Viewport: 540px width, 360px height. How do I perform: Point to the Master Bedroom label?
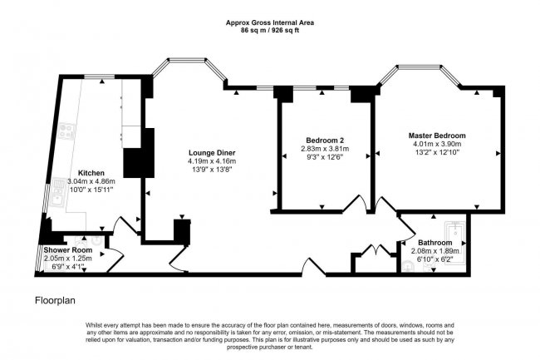pyautogui.click(x=436, y=135)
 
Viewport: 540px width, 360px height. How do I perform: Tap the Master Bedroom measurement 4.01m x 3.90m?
pyautogui.click(x=436, y=144)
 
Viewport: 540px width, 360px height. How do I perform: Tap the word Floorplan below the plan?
pyautogui.click(x=56, y=298)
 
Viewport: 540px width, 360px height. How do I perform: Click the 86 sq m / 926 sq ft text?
pyautogui.click(x=269, y=30)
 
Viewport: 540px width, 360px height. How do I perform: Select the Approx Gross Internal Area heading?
pyautogui.click(x=269, y=22)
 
